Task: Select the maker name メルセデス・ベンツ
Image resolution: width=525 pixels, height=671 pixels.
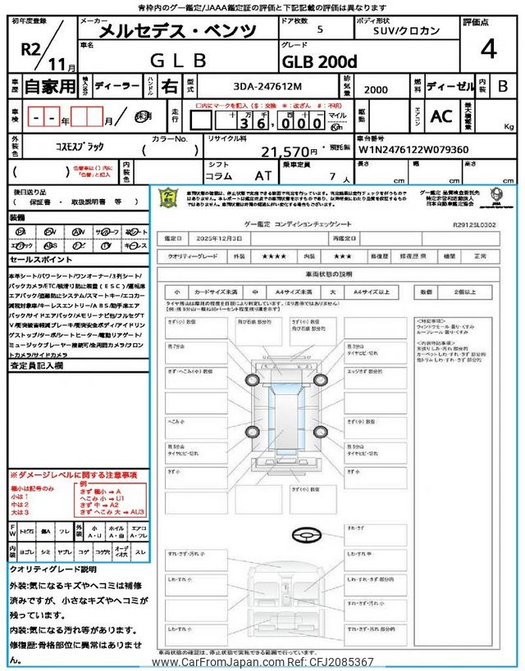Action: [x=177, y=32]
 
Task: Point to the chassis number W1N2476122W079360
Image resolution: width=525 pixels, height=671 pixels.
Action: [x=413, y=150]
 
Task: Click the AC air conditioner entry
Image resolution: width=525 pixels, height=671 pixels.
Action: [x=441, y=116]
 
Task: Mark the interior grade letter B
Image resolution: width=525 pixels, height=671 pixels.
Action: [x=501, y=86]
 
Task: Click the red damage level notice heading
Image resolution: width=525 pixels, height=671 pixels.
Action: [x=73, y=475]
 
